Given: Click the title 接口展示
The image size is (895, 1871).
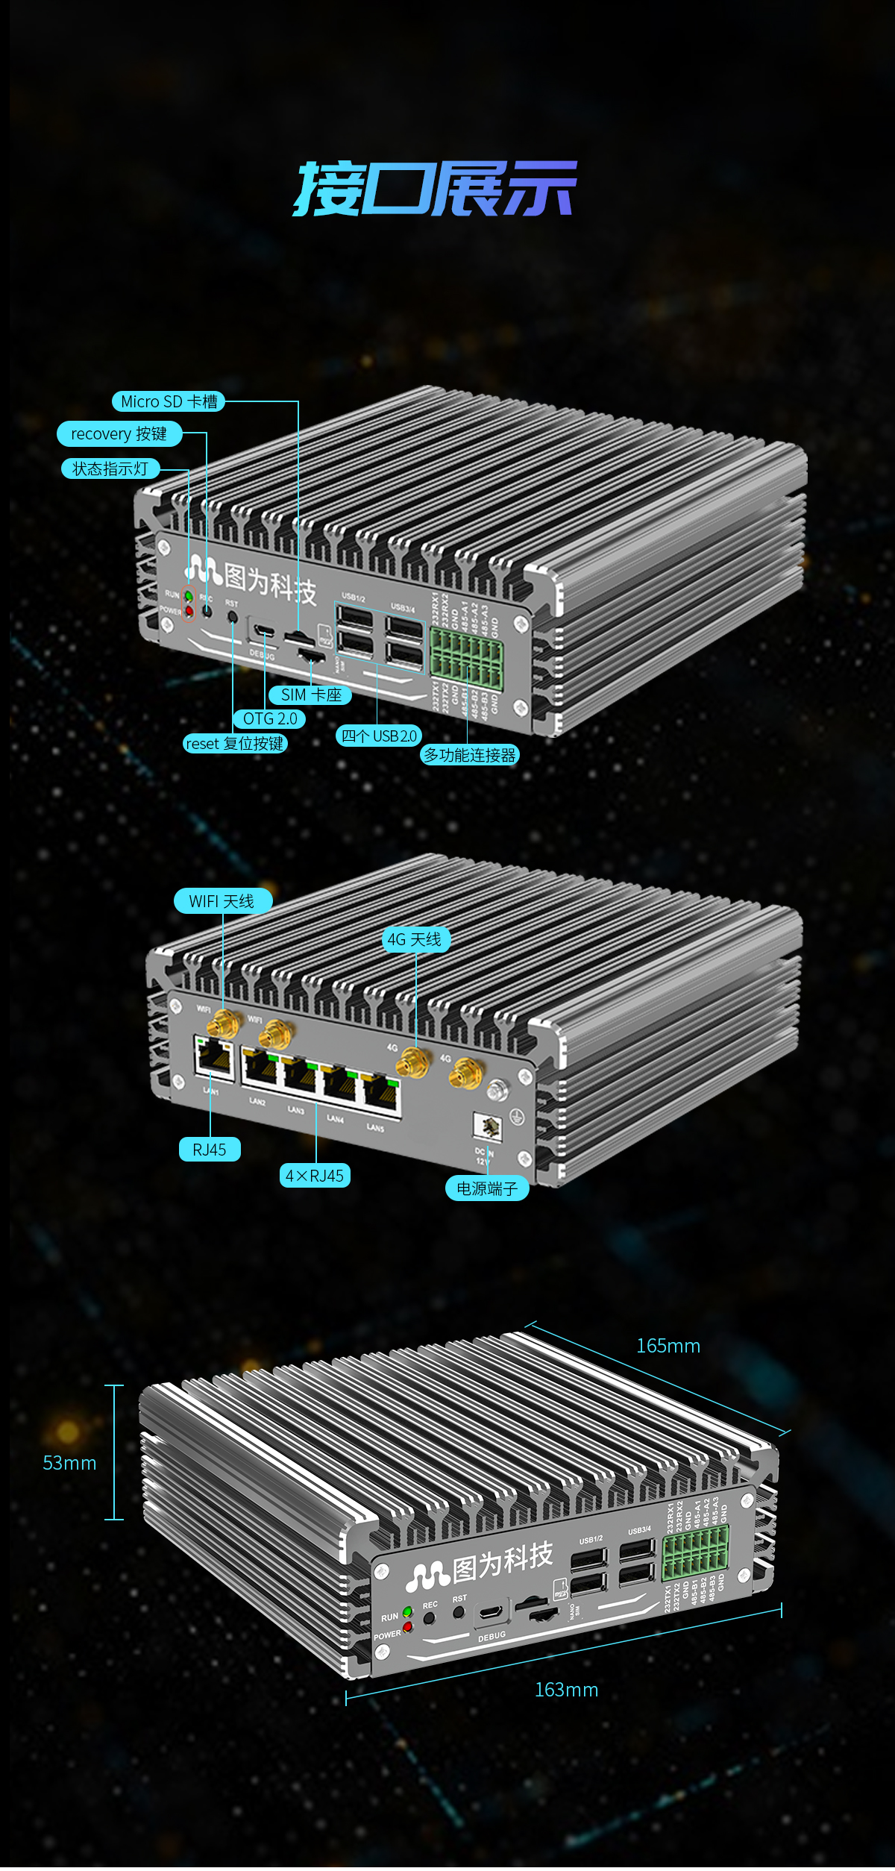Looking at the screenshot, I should pyautogui.click(x=435, y=188).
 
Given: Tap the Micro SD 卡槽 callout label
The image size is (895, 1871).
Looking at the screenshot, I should pyautogui.click(x=169, y=401).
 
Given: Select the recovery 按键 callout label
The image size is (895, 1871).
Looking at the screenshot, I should pyautogui.click(x=119, y=433).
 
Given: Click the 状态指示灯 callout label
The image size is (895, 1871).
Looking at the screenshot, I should pyautogui.click(x=110, y=468).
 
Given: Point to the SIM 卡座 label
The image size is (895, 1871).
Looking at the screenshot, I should pyautogui.click(x=310, y=695).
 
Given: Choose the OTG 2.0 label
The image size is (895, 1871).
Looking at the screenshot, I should pyautogui.click(x=270, y=718).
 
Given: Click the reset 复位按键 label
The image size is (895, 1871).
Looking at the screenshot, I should pyautogui.click(x=235, y=743).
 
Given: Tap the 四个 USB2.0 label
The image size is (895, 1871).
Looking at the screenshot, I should pyautogui.click(x=379, y=736).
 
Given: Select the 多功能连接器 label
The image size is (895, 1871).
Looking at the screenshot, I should pyautogui.click(x=470, y=755).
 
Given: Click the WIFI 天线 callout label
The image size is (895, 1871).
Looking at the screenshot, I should pyautogui.click(x=222, y=900).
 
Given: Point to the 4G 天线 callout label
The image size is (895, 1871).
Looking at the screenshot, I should pyautogui.click(x=415, y=939).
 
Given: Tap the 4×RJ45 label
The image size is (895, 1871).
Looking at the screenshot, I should pyautogui.click(x=315, y=1176).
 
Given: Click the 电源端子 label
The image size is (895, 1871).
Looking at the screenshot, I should pyautogui.click(x=487, y=1188).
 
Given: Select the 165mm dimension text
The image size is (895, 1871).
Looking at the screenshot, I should pyautogui.click(x=668, y=1346).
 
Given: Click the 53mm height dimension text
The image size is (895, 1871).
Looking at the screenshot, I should pyautogui.click(x=69, y=1463).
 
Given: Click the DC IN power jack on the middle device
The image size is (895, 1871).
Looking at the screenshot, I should pyautogui.click(x=487, y=1126).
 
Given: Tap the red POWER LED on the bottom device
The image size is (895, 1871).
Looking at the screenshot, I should pyautogui.click(x=407, y=1626).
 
